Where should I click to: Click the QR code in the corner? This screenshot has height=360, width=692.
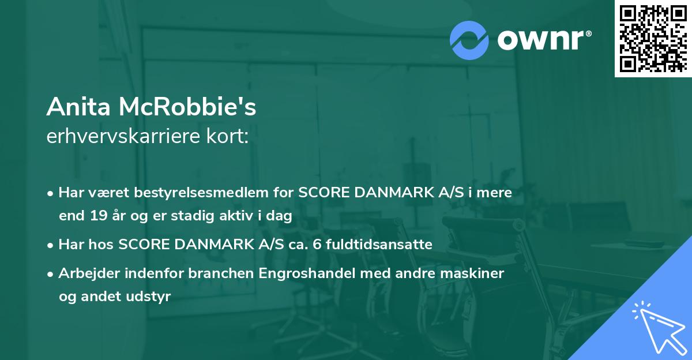pyautogui.click(x=653, y=38)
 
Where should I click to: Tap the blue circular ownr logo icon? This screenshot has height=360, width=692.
pyautogui.click(x=469, y=40)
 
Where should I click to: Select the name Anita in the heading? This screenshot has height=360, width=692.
pyautogui.click(x=79, y=107)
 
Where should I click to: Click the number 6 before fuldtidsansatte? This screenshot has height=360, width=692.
pyautogui.click(x=317, y=244)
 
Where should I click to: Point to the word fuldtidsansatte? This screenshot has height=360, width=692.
pyautogui.click(x=379, y=244)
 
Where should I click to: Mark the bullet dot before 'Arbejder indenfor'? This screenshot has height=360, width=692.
pyautogui.click(x=51, y=273)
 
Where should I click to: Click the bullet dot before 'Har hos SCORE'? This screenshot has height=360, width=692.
pyautogui.click(x=51, y=245)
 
